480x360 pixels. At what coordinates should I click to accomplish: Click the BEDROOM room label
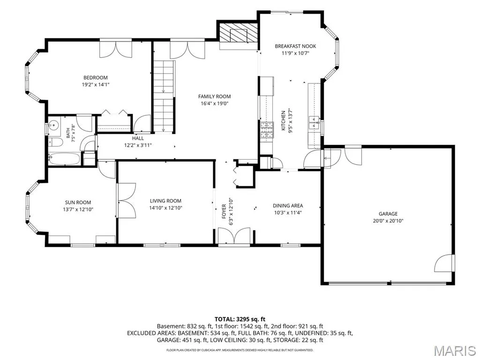pos(96,78)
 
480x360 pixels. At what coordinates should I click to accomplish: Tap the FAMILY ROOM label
pos(214,97)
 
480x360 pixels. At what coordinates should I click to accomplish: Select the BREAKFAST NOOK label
pos(295,46)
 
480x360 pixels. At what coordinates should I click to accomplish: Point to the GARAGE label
pos(388,214)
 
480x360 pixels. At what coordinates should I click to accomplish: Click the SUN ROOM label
pos(78,202)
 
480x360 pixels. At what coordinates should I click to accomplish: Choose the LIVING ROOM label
pos(165,201)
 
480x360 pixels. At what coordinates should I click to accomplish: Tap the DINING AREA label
pos(288,206)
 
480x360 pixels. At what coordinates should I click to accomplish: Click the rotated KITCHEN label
pos(283,120)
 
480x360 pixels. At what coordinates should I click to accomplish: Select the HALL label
pos(138,138)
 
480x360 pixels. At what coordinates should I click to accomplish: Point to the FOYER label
pos(224,211)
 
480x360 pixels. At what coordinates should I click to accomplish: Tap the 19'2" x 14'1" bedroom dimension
pos(96,85)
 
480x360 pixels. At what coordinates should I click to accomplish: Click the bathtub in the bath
pos(64,159)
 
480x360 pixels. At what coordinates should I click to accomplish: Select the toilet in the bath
pos(54,142)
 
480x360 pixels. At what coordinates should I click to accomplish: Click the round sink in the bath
pos(54,125)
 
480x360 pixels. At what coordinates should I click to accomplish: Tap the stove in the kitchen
pos(266,131)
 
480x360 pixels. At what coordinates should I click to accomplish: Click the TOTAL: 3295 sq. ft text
pos(240,320)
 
